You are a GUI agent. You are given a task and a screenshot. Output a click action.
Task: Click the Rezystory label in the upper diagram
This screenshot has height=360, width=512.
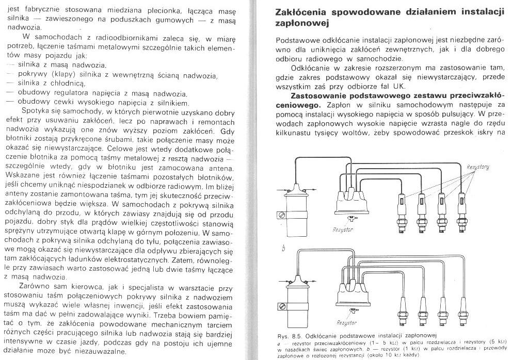click(x=478, y=167)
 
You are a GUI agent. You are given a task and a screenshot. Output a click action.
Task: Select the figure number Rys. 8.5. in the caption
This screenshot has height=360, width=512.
click(x=292, y=336)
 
